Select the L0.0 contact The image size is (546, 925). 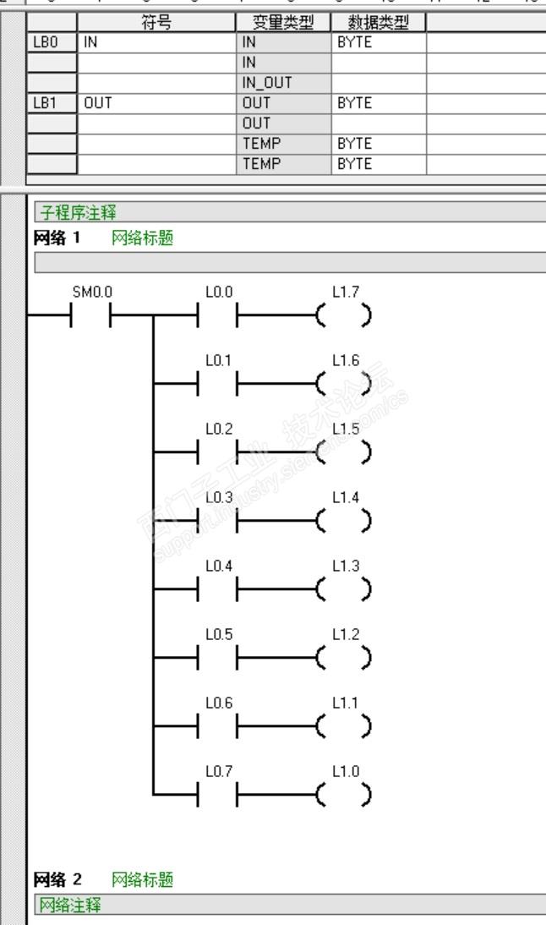tap(218, 318)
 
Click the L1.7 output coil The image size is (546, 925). tap(344, 318)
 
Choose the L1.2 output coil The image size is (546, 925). tap(344, 656)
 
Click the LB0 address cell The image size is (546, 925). tap(52, 40)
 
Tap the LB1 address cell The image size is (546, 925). tap(52, 103)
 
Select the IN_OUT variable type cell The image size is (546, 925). tap(283, 83)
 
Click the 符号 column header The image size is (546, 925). tap(156, 22)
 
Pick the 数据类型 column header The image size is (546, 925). tap(379, 22)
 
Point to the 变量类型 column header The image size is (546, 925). tap(283, 22)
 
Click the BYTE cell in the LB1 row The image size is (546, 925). tap(379, 103)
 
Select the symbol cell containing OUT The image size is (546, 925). tap(156, 103)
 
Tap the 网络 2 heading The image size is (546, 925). tap(55, 879)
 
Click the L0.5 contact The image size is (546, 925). tap(218, 656)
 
